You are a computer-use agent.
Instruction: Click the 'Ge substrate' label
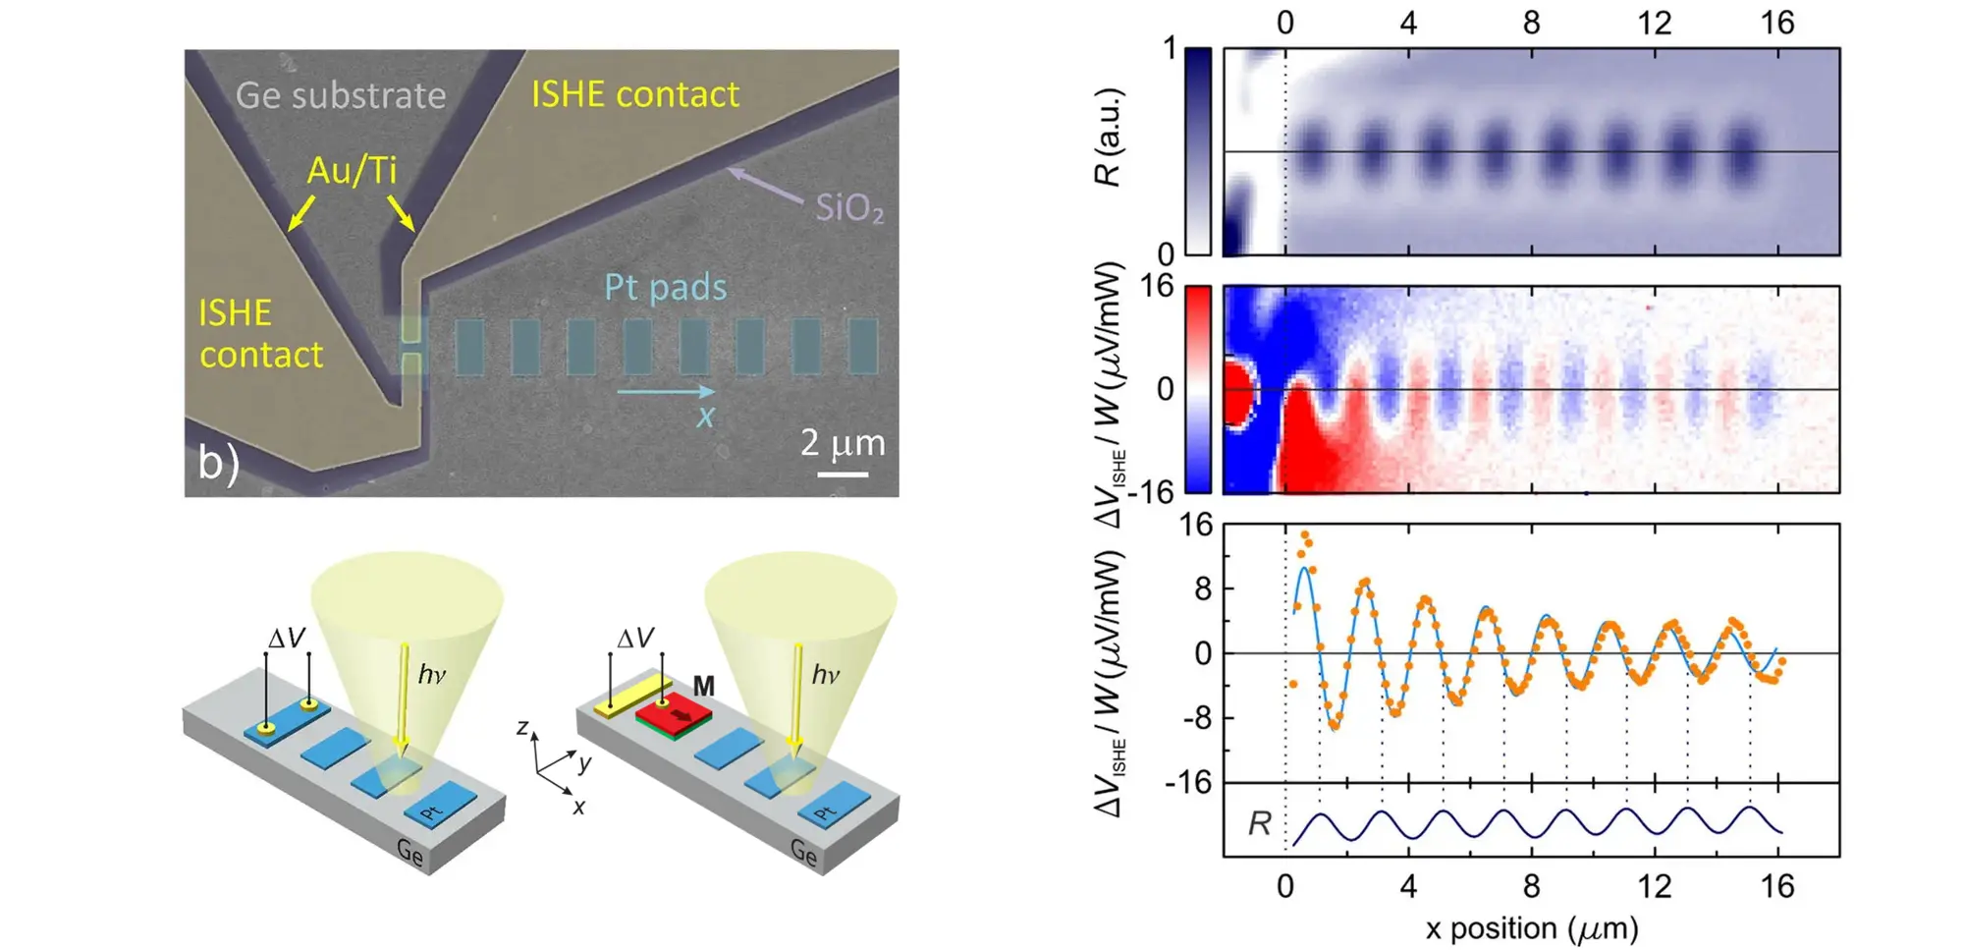[x=341, y=95]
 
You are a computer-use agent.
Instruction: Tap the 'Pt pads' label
[x=665, y=287]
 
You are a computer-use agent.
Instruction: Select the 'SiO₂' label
[x=849, y=207]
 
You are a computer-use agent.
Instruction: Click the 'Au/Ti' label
[x=352, y=170]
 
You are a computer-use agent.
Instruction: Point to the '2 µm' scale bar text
[x=843, y=443]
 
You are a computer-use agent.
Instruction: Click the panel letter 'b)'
[x=218, y=462]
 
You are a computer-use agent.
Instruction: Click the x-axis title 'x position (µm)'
[x=1532, y=928]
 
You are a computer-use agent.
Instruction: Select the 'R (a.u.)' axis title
[x=1109, y=138]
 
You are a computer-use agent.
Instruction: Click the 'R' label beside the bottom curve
[x=1259, y=823]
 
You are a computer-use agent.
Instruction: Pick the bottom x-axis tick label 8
[x=1532, y=887]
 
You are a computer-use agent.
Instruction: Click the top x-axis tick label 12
[x=1655, y=22]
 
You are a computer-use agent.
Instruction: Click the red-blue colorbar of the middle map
[x=1198, y=389]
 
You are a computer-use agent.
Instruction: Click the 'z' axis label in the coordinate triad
[x=523, y=728]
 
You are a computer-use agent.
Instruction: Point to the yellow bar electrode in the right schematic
[x=633, y=696]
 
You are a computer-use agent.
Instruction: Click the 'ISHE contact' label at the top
[x=635, y=94]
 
